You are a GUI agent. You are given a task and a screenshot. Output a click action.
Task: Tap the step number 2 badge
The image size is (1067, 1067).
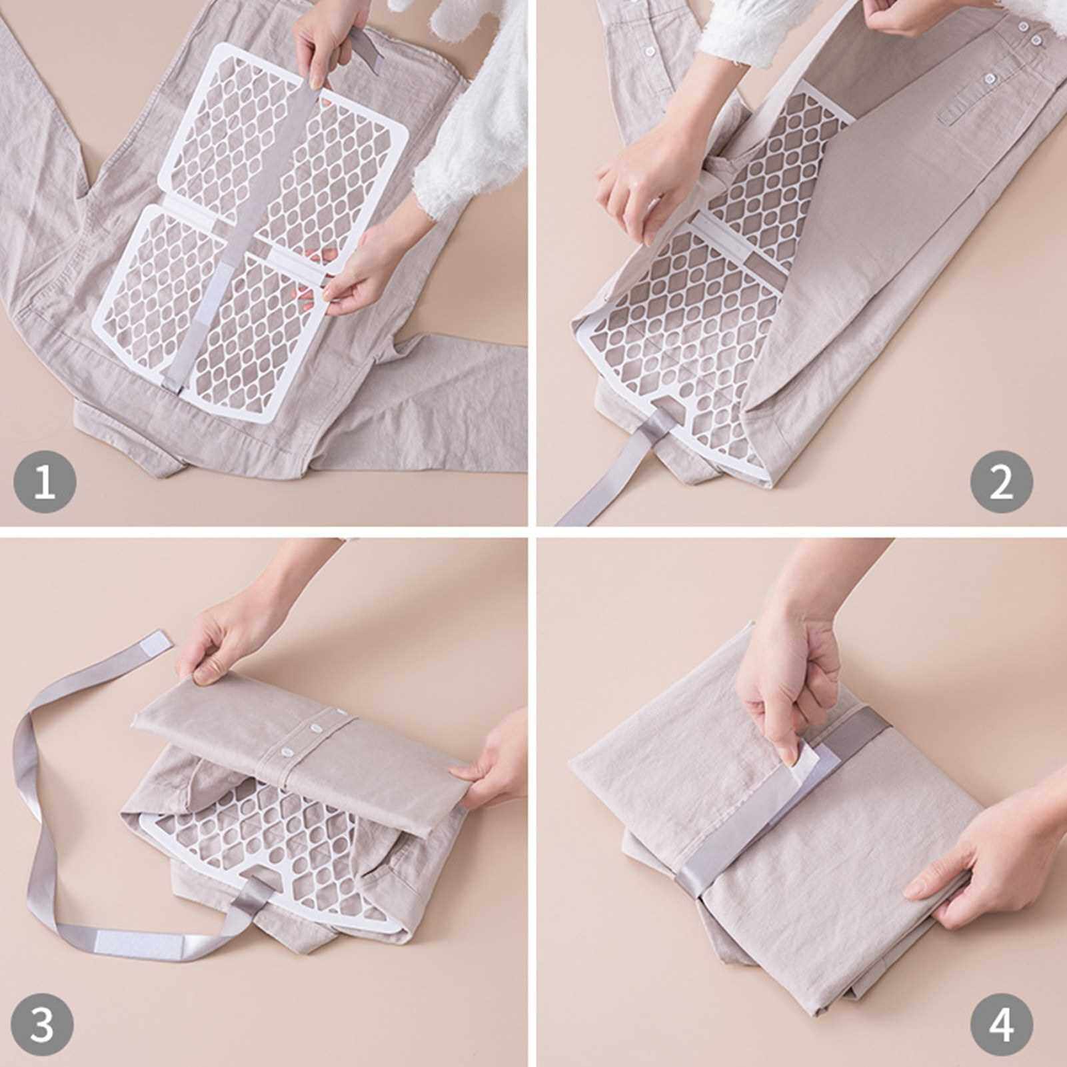[1001, 481]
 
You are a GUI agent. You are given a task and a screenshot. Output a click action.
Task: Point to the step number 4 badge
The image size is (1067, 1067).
[1001, 1026]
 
